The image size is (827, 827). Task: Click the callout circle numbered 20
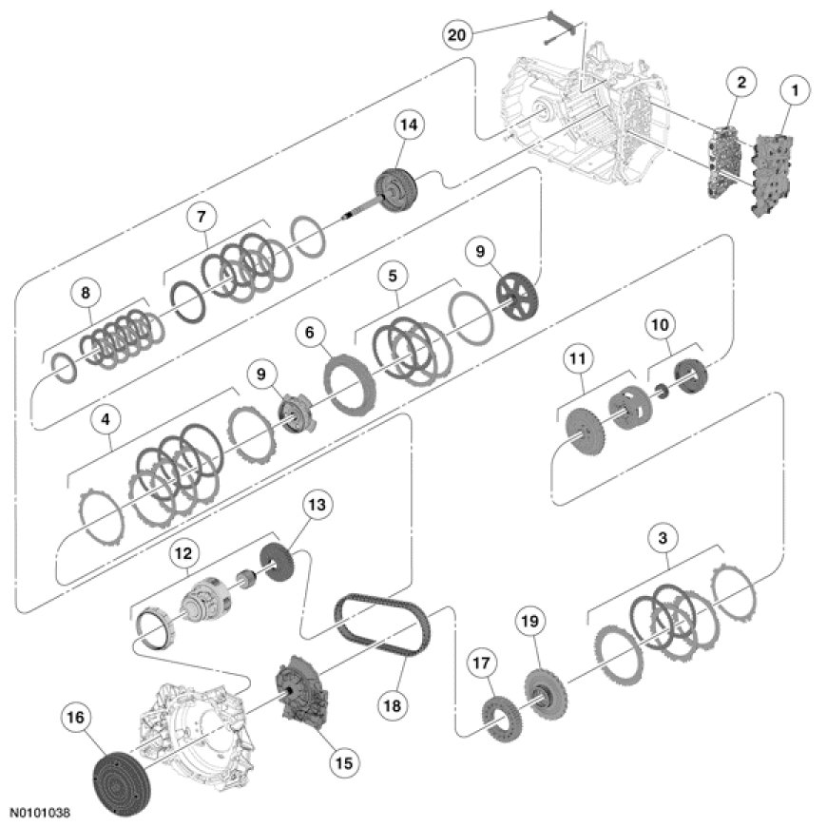458,35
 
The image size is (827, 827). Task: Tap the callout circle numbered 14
412,125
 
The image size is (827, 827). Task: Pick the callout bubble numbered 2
740,84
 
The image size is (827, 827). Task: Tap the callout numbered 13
318,507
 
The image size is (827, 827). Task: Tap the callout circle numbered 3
664,539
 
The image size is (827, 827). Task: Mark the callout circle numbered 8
83,294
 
